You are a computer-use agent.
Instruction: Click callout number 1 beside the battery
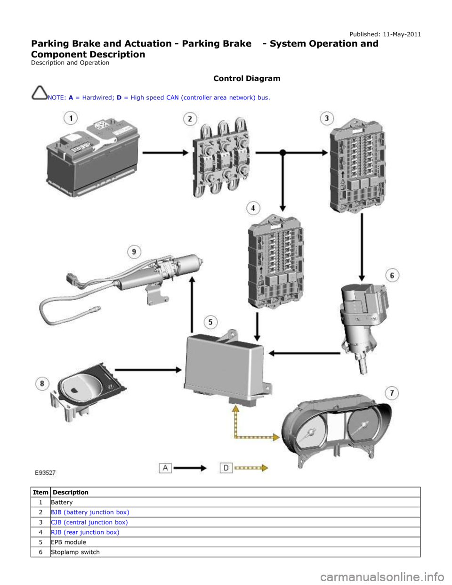71,118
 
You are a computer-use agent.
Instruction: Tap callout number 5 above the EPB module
210,322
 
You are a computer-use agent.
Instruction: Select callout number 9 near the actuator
134,252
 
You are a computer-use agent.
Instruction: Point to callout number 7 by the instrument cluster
392,393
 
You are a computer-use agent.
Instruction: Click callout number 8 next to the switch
42,383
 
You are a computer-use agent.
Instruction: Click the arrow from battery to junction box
165,153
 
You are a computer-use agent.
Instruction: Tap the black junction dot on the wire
282,153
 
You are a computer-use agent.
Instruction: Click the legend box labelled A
165,468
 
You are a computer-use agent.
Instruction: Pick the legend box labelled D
226,468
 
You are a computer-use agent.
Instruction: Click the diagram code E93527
46,473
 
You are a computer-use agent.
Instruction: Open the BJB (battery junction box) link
90,512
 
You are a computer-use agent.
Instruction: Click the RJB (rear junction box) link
85,532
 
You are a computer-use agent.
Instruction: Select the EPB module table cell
235,542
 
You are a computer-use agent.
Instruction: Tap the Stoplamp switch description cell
235,552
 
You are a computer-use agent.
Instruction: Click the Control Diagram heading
247,78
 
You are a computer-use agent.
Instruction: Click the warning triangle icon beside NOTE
40,93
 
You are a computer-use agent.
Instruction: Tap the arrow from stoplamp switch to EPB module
304,353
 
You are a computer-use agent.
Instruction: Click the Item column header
40,492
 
